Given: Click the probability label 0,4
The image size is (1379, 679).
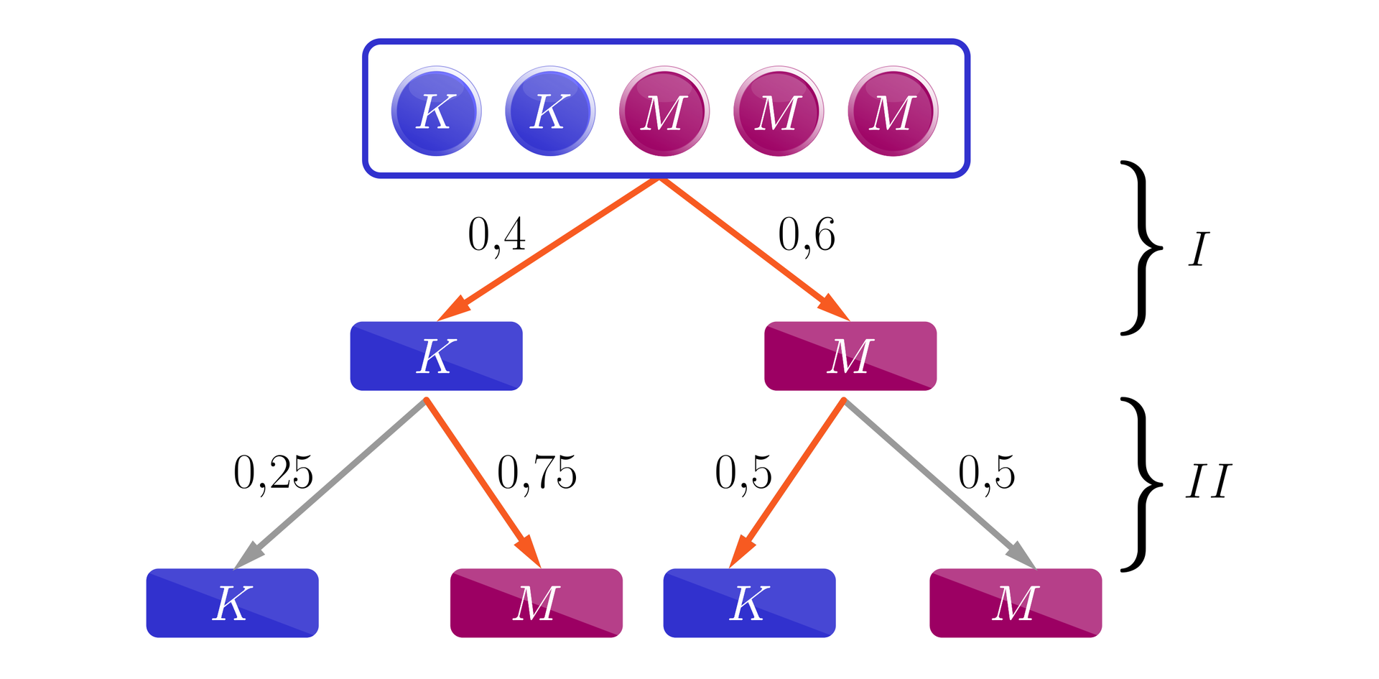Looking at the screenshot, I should pyautogui.click(x=496, y=235).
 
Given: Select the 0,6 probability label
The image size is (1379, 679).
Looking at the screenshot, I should pyautogui.click(x=807, y=235).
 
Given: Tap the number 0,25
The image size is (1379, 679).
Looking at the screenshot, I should pyautogui.click(x=273, y=474).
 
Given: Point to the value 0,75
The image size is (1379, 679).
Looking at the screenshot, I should pyautogui.click(x=537, y=474).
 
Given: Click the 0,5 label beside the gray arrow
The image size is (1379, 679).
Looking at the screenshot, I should pyautogui.click(x=987, y=474).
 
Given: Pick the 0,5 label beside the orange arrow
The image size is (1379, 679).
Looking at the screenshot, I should pyautogui.click(x=743, y=474).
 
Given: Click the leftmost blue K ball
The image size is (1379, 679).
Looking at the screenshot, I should pyautogui.click(x=436, y=111).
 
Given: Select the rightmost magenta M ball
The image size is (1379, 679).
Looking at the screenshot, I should pyautogui.click(x=893, y=111).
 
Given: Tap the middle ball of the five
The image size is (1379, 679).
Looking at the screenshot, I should pyautogui.click(x=664, y=111).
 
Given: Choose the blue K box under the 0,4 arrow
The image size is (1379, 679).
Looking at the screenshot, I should pyautogui.click(x=436, y=356).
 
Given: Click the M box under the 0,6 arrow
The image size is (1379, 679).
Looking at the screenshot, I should pyautogui.click(x=850, y=356).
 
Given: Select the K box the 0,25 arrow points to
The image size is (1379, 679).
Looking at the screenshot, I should pyautogui.click(x=232, y=603).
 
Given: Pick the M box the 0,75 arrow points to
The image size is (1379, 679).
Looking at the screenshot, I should pyautogui.click(x=536, y=603).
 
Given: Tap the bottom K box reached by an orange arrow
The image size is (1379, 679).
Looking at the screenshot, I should pyautogui.click(x=749, y=603).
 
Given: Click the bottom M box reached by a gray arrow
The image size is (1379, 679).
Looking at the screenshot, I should pyautogui.click(x=1016, y=603).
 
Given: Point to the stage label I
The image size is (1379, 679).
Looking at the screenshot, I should pyautogui.click(x=1198, y=250).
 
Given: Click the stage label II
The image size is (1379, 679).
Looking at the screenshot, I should pyautogui.click(x=1208, y=481).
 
